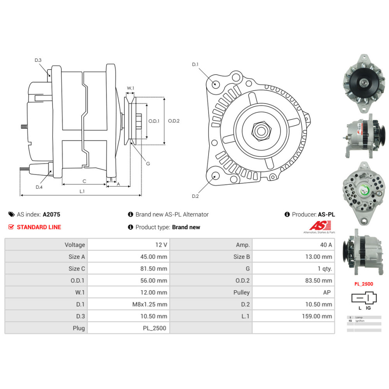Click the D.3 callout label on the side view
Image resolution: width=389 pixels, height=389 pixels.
coord(38,60)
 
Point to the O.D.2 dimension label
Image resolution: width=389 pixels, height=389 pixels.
coord(173,121)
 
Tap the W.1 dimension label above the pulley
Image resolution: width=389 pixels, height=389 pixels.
coord(130,88)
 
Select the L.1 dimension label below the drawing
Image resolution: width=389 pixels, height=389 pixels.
coord(82,191)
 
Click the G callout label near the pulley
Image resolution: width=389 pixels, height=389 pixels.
coord(148,163)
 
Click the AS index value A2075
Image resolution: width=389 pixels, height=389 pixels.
coord(51,214)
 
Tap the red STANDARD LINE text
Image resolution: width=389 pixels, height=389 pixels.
coord(39,227)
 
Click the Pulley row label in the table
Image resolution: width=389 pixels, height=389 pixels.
coord(242,293)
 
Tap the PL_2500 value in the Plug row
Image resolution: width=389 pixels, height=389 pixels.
coord(154,328)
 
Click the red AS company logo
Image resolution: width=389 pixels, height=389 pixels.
coord(320,225)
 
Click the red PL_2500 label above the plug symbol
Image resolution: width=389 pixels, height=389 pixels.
coord(363,284)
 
